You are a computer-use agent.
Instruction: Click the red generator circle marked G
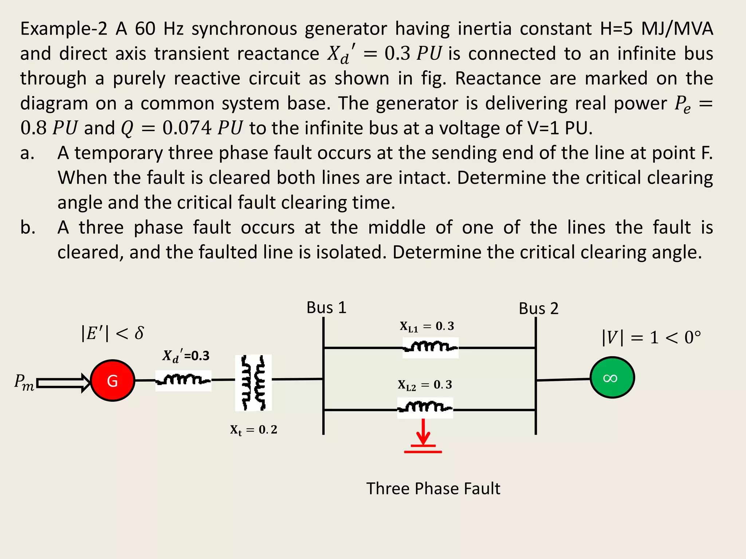click(x=113, y=381)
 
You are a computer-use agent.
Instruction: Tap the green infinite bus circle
click(x=612, y=378)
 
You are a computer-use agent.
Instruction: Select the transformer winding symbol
click(x=254, y=382)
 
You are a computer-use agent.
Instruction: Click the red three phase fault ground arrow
click(x=423, y=437)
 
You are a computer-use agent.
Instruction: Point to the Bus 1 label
click(x=326, y=308)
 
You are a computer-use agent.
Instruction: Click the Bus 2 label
click(x=538, y=309)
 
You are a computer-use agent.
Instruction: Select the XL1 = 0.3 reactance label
click(x=427, y=326)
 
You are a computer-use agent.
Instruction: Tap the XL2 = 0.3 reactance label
click(x=425, y=385)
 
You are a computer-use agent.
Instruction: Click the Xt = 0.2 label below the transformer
click(x=254, y=430)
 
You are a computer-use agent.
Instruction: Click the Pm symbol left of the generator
click(x=24, y=382)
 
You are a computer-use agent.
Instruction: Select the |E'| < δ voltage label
click(x=112, y=333)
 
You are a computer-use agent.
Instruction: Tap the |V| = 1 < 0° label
click(x=651, y=337)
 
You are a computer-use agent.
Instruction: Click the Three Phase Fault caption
click(x=433, y=488)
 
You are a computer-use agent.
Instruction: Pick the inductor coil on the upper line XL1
click(x=430, y=347)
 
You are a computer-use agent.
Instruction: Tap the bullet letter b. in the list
click(x=28, y=227)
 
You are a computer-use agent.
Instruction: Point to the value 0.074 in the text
click(x=187, y=128)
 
